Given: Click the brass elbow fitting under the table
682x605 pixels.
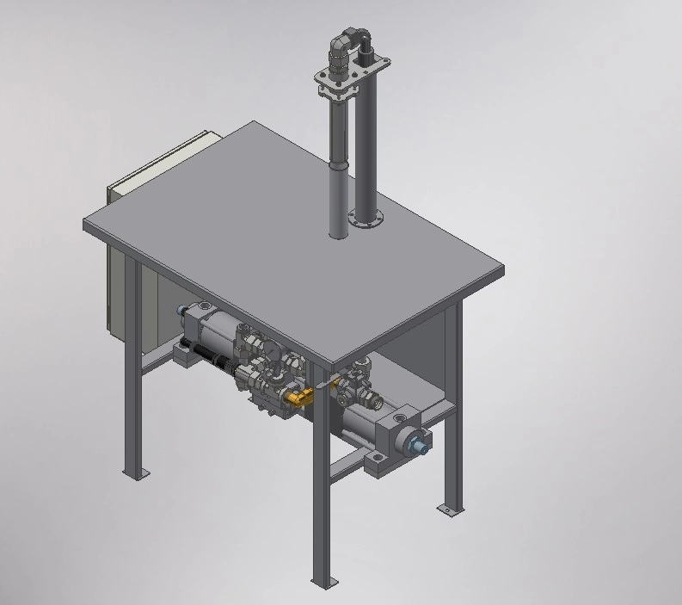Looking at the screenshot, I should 298,397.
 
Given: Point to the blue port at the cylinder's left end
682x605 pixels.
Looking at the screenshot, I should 181,311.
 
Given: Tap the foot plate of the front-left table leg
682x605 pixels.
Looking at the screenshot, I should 135,472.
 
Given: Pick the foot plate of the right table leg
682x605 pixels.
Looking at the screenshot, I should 448,510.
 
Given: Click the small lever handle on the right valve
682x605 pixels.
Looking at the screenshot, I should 323,388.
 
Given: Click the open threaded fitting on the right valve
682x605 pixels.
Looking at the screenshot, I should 375,399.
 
